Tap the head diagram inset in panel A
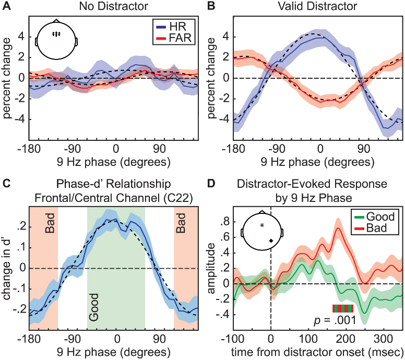pos(56,40)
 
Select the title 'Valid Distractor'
pos(318,7)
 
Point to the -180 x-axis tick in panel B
pos(233,148)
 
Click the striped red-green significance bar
pos(343,308)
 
